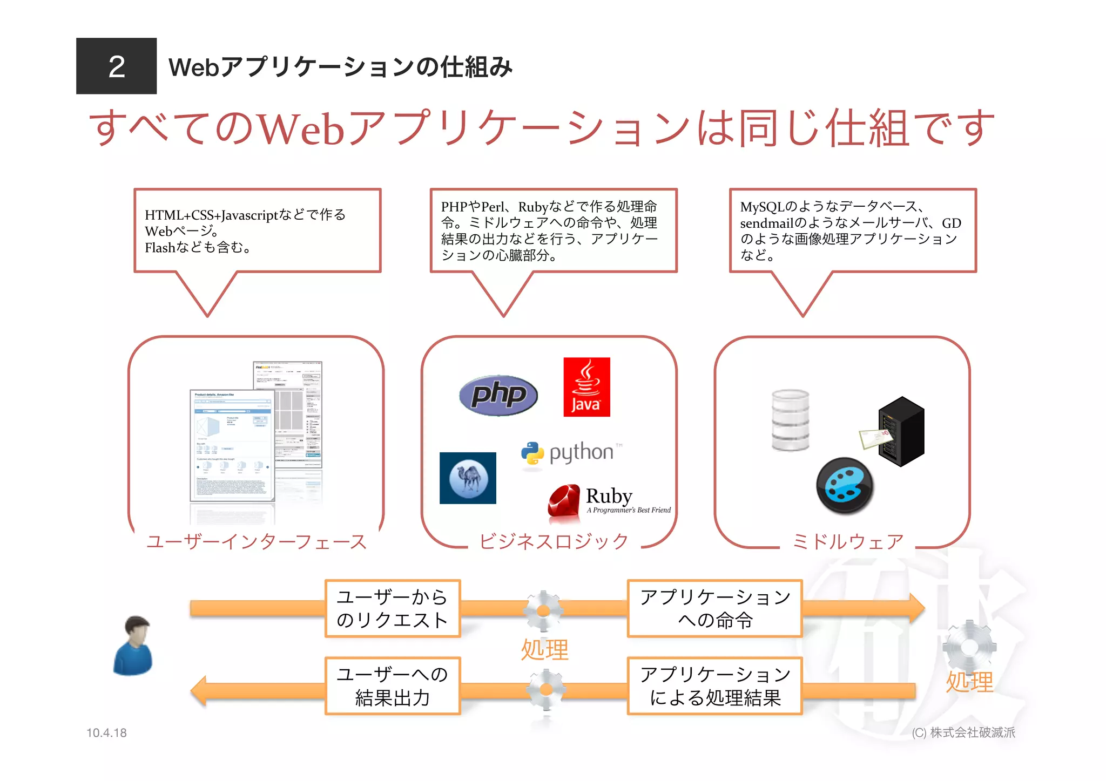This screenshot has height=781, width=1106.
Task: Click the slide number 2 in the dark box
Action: pyautogui.click(x=116, y=66)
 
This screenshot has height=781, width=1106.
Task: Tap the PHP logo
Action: pyautogui.click(x=498, y=395)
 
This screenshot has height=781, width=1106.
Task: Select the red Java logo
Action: pyautogui.click(x=586, y=386)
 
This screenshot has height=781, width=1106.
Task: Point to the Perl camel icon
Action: pyautogui.click(x=468, y=478)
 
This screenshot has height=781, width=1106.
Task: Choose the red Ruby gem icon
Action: pyautogui.click(x=564, y=501)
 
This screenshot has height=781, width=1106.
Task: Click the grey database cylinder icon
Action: pyautogui.click(x=790, y=420)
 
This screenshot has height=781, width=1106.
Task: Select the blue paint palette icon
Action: pyautogui.click(x=845, y=486)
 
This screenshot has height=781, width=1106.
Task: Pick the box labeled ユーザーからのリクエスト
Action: pyautogui.click(x=393, y=608)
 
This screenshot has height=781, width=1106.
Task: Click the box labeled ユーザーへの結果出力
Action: pyautogui.click(x=393, y=686)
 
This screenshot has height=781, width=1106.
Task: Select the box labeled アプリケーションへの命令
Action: pyautogui.click(x=714, y=608)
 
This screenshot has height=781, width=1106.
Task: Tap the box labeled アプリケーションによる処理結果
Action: pyautogui.click(x=714, y=686)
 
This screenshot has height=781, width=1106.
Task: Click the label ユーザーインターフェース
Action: pyautogui.click(x=257, y=541)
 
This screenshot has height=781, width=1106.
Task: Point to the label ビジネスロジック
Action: pyautogui.click(x=554, y=541)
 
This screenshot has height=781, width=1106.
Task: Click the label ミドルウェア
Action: pyautogui.click(x=847, y=541)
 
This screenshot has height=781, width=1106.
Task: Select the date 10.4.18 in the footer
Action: pyautogui.click(x=106, y=732)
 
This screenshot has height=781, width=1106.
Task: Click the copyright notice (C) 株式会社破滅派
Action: pyautogui.click(x=963, y=732)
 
